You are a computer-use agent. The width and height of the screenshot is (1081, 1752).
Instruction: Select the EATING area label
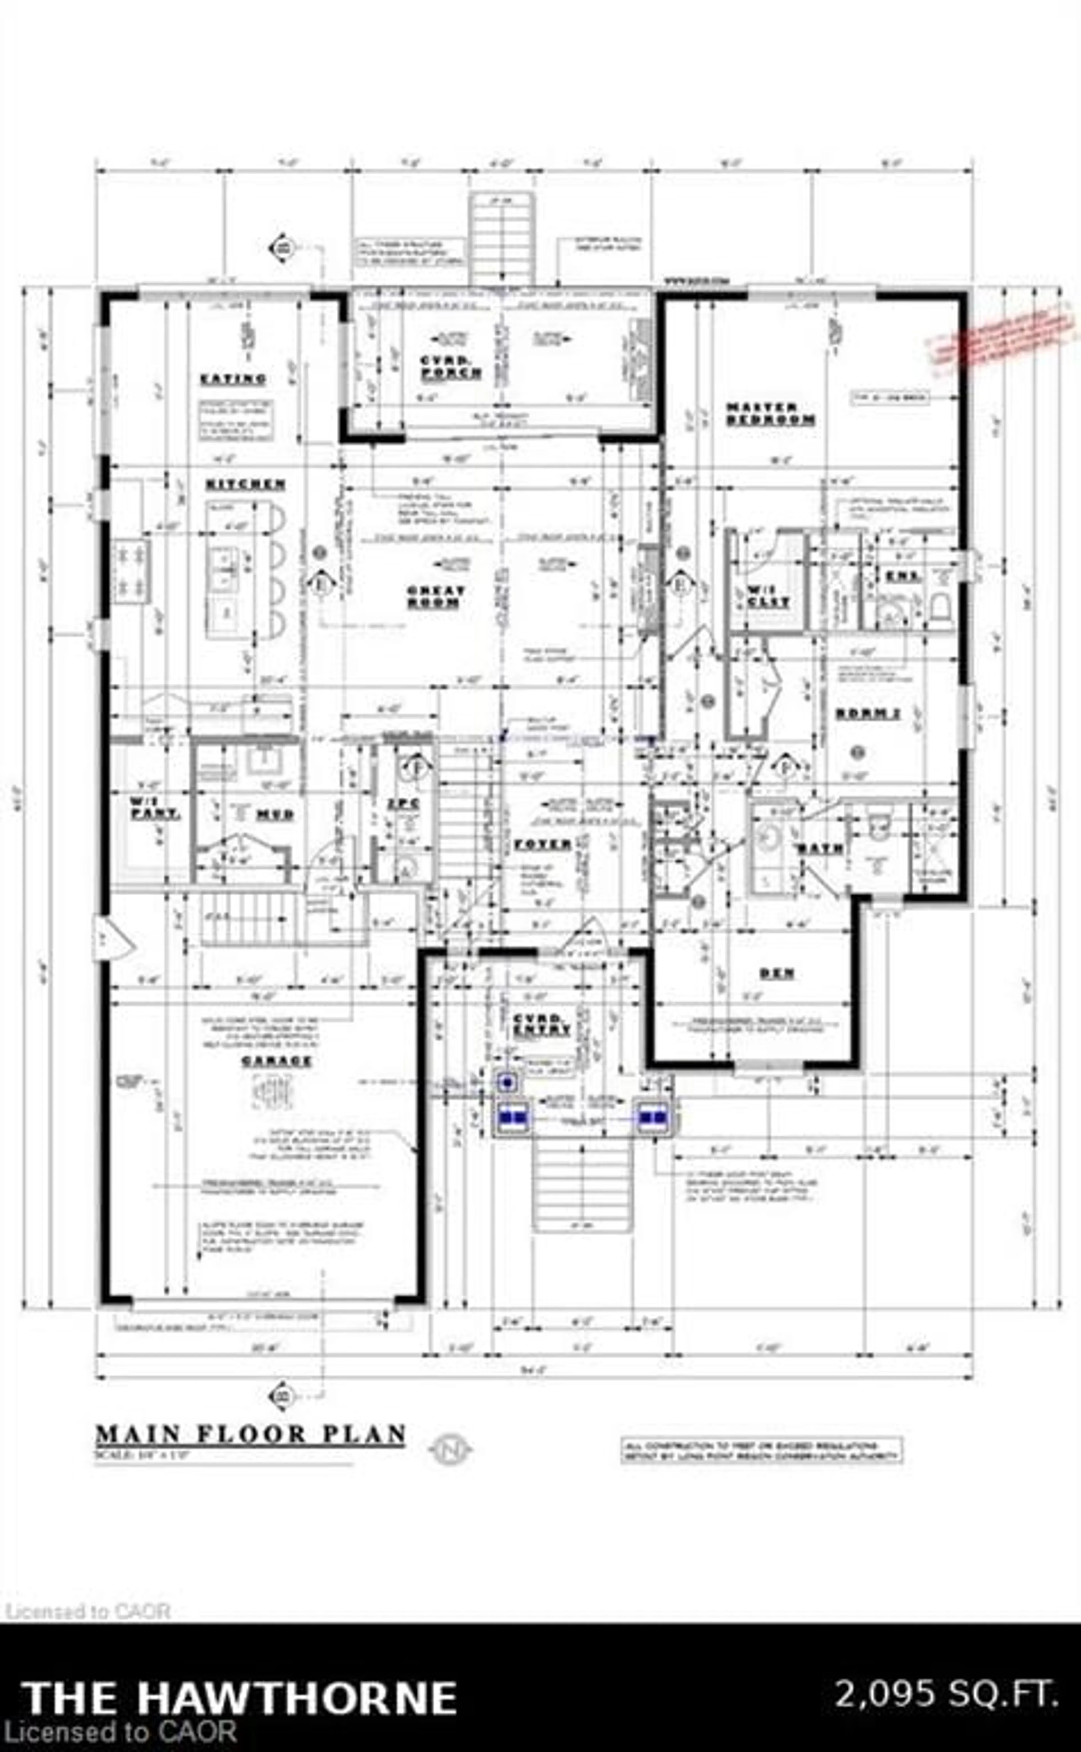pos(234,379)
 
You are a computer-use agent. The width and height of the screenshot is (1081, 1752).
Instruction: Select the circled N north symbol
pos(450,1449)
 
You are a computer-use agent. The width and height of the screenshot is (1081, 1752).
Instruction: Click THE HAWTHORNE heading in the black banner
pos(240,1697)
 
